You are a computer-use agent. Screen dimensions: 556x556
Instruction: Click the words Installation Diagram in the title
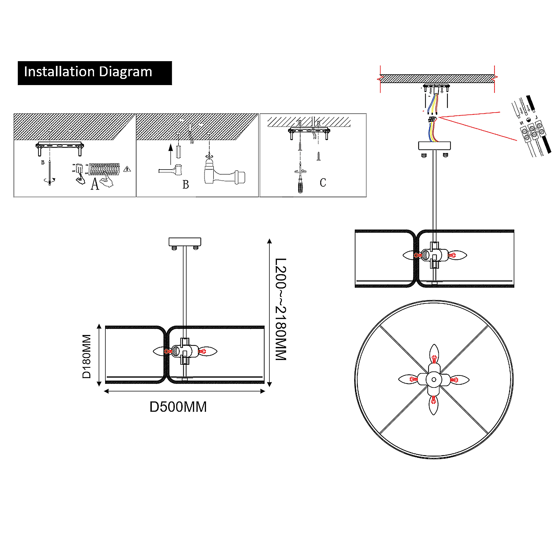tap(88, 72)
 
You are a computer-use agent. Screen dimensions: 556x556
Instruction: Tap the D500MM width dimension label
tap(178, 407)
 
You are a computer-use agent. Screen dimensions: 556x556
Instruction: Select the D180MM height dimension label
tap(87, 356)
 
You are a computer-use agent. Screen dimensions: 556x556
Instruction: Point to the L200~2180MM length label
tap(281, 309)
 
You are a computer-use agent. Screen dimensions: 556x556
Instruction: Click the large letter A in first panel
tap(95, 184)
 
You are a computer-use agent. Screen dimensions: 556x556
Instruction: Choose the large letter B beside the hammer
tap(186, 185)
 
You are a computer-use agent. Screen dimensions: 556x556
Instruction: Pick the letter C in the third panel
tap(323, 183)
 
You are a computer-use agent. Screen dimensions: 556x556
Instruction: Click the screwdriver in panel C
tap(300, 184)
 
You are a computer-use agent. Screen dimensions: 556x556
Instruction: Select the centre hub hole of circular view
tap(434, 379)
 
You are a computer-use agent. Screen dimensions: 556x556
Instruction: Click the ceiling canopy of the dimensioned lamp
tap(185, 242)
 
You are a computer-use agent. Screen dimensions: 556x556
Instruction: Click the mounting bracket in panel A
tap(59, 146)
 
